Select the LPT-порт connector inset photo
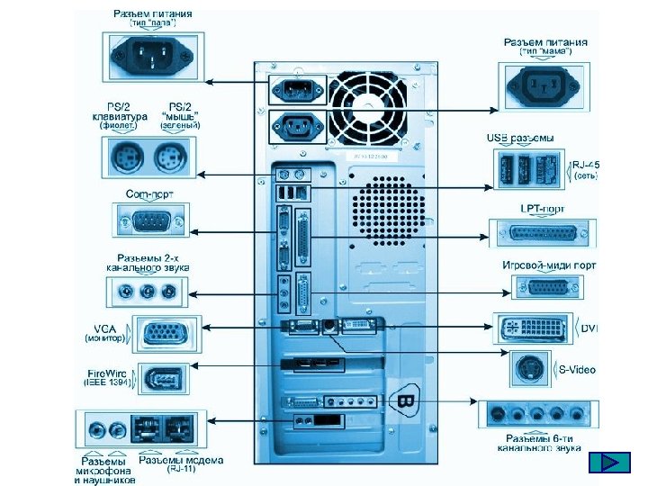(544, 233)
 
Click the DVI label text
(589, 328)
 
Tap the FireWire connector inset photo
(162, 378)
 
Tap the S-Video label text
(578, 370)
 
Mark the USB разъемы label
(520, 138)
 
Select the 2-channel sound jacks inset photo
(148, 292)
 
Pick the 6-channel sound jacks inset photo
(537, 415)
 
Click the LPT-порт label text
(543, 209)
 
